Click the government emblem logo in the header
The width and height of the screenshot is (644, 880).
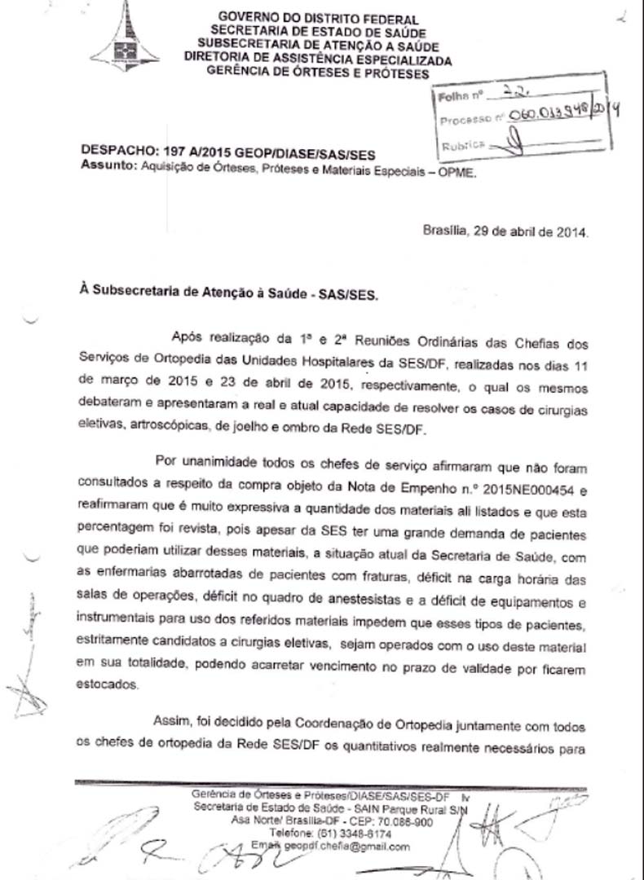[125, 37]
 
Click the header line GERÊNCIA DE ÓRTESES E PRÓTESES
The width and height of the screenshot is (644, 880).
[318, 73]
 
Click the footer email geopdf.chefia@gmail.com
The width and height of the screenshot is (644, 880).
[346, 847]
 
